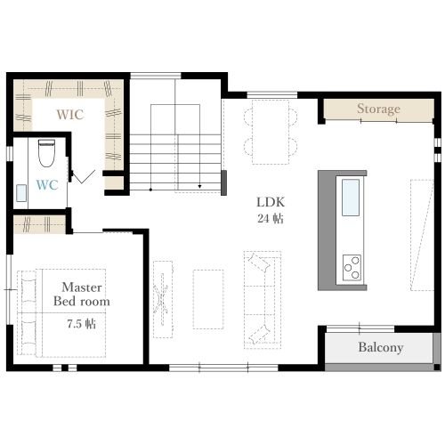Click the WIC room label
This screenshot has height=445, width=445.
(x=70, y=115)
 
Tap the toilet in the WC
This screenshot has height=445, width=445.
(x=46, y=153)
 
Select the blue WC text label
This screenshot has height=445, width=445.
(x=47, y=185)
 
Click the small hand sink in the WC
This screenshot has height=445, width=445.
(x=21, y=193)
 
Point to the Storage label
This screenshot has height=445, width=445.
(x=378, y=109)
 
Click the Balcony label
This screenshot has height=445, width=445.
(x=381, y=347)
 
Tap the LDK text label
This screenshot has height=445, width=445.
(x=271, y=202)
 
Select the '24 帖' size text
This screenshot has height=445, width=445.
(x=271, y=219)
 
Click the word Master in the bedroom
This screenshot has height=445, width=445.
(x=82, y=287)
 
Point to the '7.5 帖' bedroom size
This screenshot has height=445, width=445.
(x=82, y=324)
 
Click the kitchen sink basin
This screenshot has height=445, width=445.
(x=351, y=198)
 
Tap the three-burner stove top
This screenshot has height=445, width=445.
(x=352, y=268)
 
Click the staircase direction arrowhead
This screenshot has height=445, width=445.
(x=199, y=186)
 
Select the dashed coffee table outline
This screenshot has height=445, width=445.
(x=208, y=299)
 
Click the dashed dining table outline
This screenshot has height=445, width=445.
(x=271, y=132)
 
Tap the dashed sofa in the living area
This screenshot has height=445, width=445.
(x=263, y=300)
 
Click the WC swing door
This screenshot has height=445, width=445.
(x=84, y=177)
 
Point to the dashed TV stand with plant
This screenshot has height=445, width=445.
(x=163, y=299)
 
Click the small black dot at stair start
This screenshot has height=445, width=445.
(x=150, y=190)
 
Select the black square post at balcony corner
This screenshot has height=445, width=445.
(x=436, y=367)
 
